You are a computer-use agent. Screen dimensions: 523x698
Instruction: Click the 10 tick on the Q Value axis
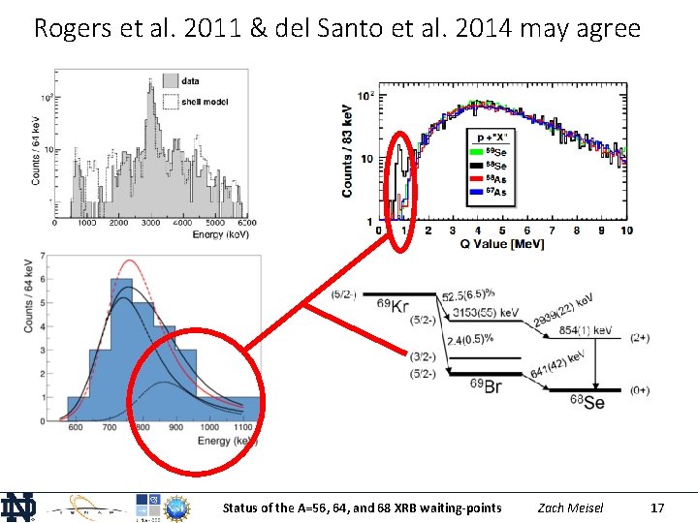point(627,231)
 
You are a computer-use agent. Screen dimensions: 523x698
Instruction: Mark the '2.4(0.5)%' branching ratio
point(471,339)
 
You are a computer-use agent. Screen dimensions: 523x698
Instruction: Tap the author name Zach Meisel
point(570,508)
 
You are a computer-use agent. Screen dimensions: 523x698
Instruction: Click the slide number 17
point(657,508)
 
